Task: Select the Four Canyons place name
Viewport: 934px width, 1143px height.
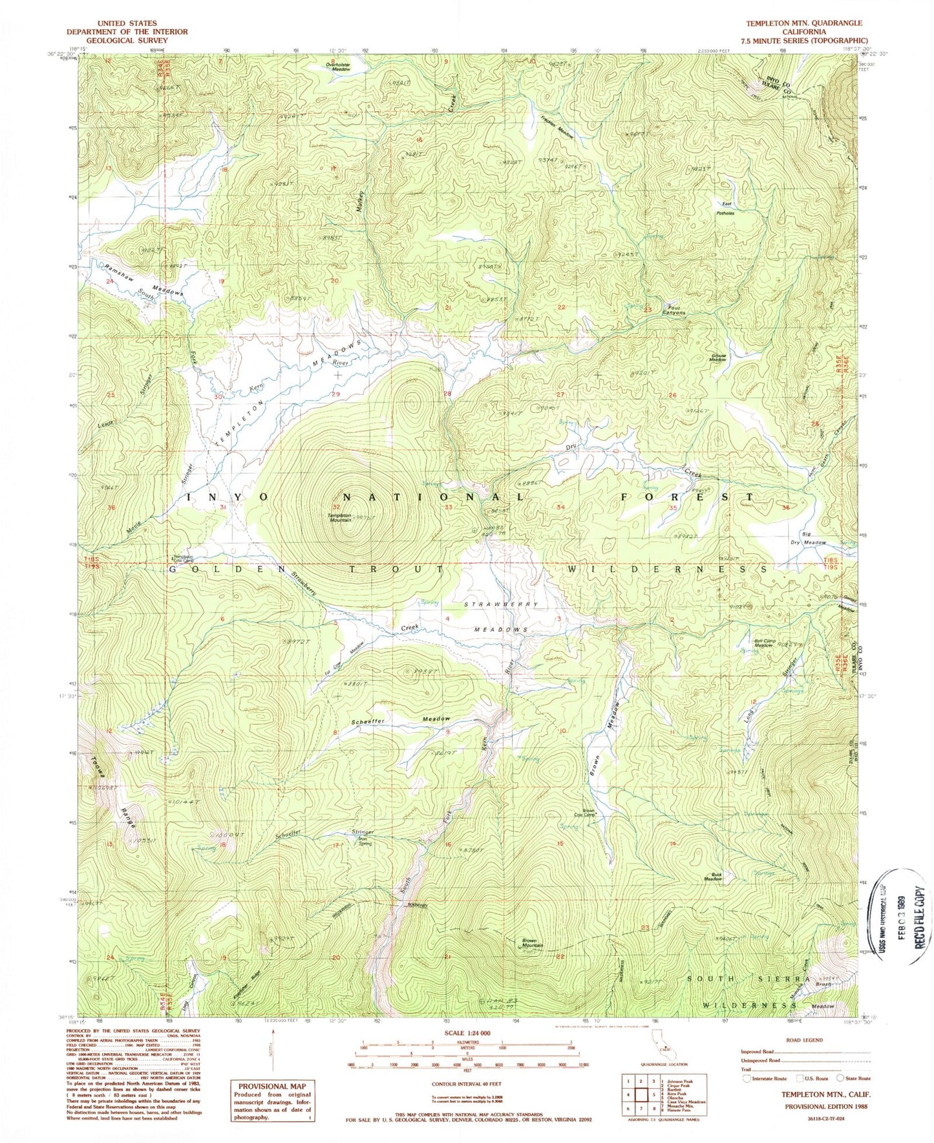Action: pos(673,310)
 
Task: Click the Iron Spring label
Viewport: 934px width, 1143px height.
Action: pos(365,841)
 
